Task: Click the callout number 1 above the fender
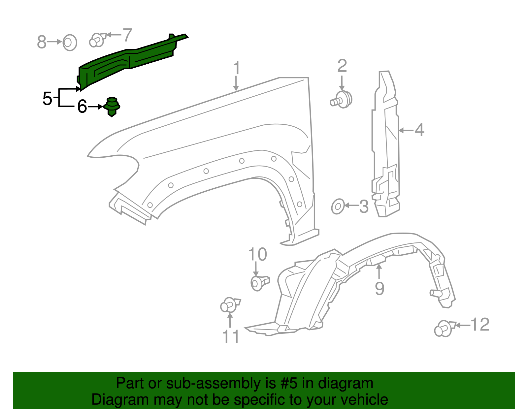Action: coord(236,68)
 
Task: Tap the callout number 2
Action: coord(342,66)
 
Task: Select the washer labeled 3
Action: coord(338,206)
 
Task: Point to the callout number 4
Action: coord(419,130)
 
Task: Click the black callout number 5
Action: coord(47,98)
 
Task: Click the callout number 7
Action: coord(127,35)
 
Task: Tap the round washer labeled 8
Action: coord(70,42)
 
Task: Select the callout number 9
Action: coord(379,288)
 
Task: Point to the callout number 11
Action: coord(230,336)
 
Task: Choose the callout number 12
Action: coord(480,325)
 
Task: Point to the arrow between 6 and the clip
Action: coord(96,107)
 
